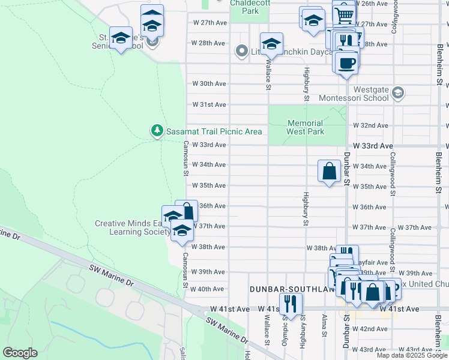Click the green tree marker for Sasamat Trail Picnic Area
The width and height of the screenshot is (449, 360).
[x=157, y=130]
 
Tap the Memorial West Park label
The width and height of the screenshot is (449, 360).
[x=305, y=127]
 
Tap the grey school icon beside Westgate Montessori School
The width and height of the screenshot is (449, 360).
[x=397, y=93]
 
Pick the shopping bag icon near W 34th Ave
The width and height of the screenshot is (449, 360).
[x=330, y=171]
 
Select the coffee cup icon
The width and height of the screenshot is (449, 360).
[x=346, y=62]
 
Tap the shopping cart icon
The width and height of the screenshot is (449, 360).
[x=343, y=13]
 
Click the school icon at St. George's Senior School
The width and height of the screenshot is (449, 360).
[x=121, y=37]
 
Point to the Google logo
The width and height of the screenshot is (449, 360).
[x=20, y=353]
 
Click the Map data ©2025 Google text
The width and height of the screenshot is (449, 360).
[x=412, y=355]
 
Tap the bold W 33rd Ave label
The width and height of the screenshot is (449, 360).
[x=373, y=146]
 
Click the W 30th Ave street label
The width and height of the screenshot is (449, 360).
[x=209, y=83]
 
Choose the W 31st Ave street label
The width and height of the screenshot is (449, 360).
[x=209, y=104]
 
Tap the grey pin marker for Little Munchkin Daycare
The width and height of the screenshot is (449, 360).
[x=242, y=52]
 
